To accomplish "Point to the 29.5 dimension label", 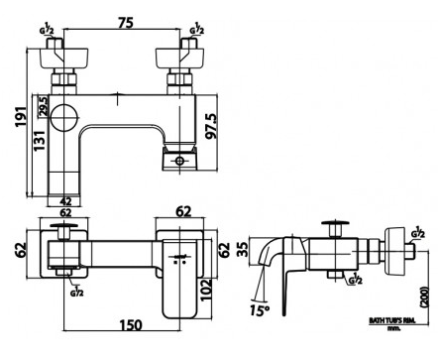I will tap(42, 107).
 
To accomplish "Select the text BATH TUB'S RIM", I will tap(390, 322).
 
